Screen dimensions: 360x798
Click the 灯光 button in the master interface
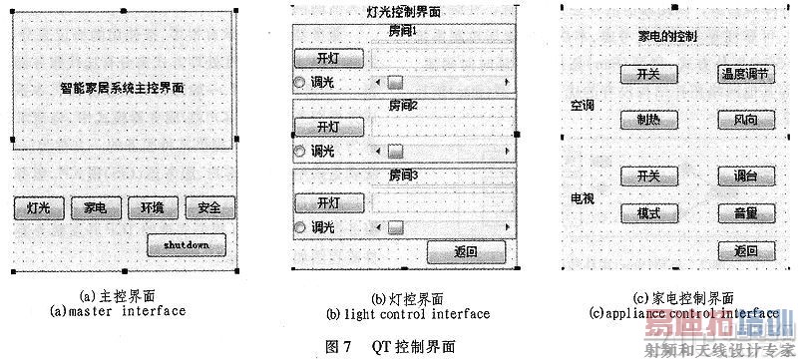click(x=39, y=208)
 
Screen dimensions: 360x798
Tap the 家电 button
click(x=96, y=208)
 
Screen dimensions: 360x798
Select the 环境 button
click(x=153, y=208)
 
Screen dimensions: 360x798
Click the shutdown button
click(x=187, y=244)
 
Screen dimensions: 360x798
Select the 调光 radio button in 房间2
click(x=299, y=152)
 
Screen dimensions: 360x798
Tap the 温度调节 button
click(x=744, y=74)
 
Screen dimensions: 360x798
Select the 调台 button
click(x=744, y=177)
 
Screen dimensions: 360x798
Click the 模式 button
click(x=648, y=212)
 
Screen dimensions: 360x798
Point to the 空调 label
click(x=582, y=105)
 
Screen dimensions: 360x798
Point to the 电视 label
click(x=582, y=199)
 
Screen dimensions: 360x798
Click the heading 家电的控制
click(x=667, y=36)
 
